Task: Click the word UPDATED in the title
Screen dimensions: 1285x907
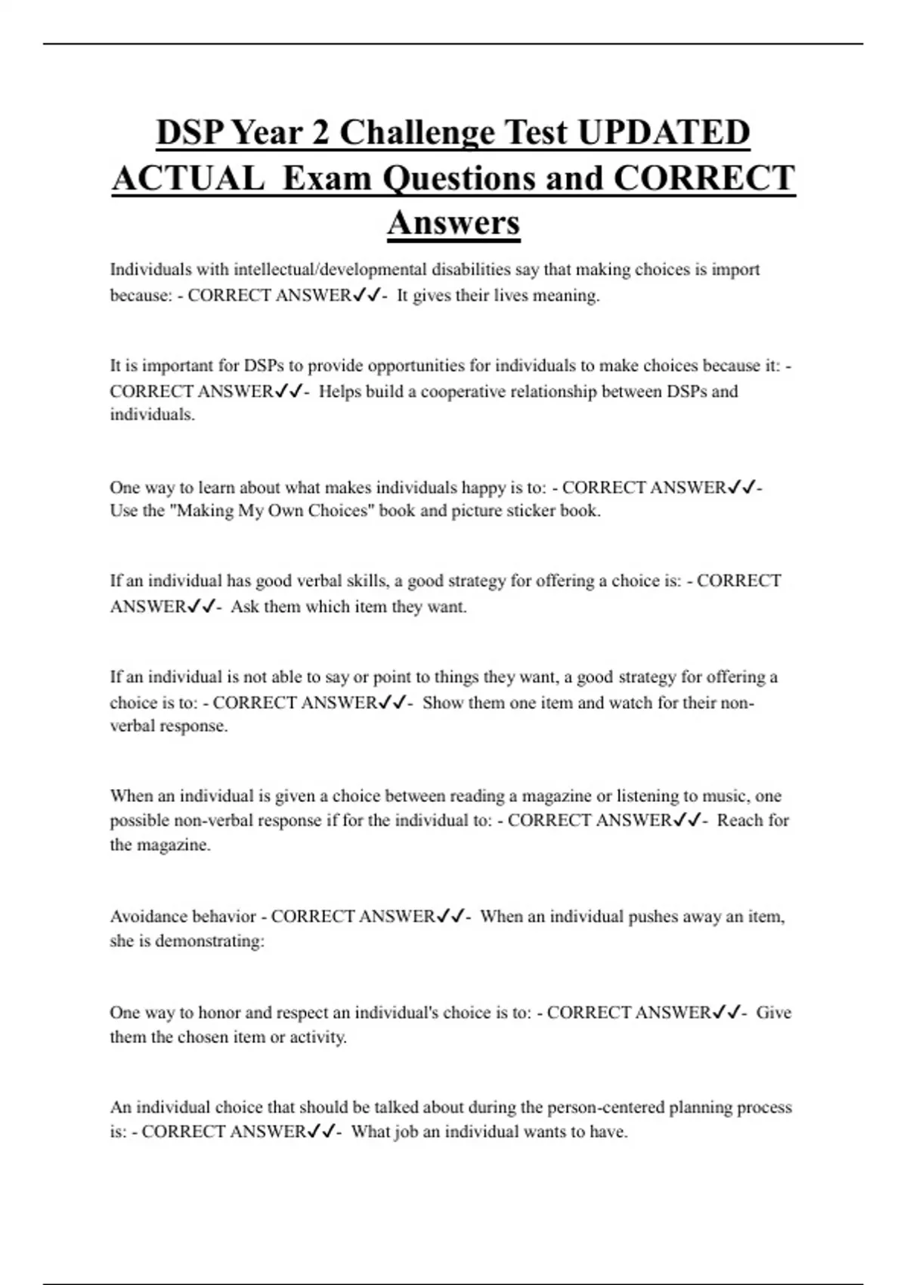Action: [x=664, y=132]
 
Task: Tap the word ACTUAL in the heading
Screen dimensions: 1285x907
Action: [x=187, y=178]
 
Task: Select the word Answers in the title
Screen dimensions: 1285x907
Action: [x=453, y=223]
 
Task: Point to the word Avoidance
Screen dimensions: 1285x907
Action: [x=145, y=917]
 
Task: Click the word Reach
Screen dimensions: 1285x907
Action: [x=741, y=821]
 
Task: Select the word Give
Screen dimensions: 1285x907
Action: [x=773, y=1013]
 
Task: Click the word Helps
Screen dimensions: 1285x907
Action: [x=340, y=392]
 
